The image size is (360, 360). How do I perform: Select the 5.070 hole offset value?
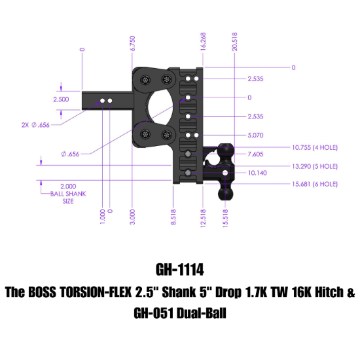tap(255, 136)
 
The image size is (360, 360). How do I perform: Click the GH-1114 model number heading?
tap(179, 269)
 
